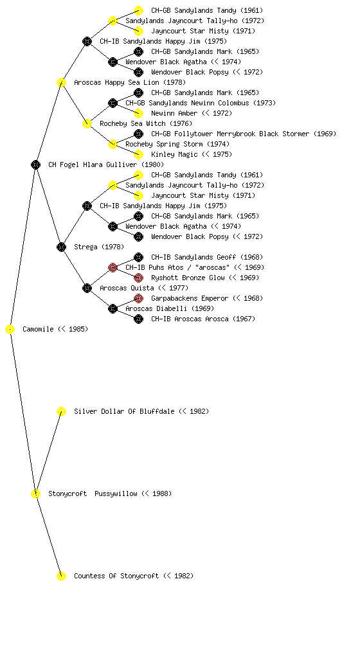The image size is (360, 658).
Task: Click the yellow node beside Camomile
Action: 10,330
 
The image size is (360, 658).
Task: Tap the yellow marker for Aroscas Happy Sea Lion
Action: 61,82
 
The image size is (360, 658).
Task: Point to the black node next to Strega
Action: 61,247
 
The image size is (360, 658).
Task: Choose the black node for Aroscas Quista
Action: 87,288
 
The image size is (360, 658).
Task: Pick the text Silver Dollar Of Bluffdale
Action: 124,411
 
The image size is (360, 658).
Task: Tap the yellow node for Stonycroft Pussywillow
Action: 35,494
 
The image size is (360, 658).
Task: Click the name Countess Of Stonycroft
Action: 116,576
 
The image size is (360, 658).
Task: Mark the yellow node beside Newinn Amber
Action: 138,113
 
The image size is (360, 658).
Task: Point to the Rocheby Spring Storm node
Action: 113,144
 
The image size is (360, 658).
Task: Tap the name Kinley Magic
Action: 174,154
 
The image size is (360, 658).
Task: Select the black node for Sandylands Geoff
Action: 138,257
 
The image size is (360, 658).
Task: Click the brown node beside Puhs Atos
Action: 113,267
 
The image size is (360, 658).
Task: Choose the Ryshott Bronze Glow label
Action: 188,278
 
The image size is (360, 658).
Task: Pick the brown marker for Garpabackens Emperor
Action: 138,298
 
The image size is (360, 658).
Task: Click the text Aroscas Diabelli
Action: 156,308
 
